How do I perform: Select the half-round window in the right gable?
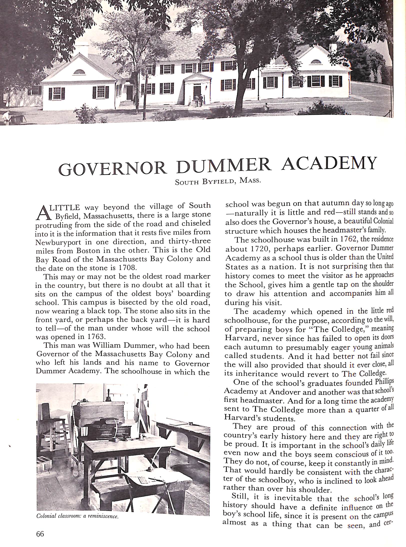pos(316,61)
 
